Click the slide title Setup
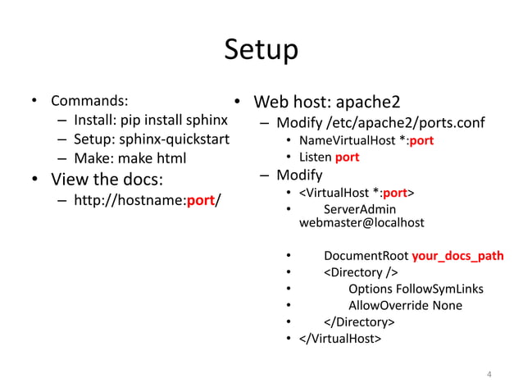[x=261, y=51]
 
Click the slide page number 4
[x=489, y=375]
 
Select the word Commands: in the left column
[x=89, y=103]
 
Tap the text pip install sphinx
[x=174, y=121]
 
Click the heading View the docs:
[x=108, y=180]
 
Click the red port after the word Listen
[x=347, y=157]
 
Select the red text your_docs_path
[x=457, y=256]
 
